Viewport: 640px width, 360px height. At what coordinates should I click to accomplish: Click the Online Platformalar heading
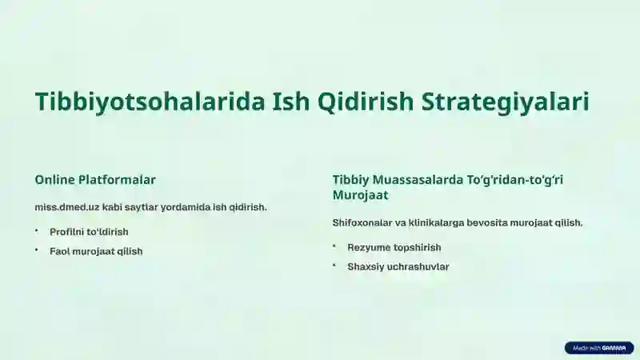coord(95,180)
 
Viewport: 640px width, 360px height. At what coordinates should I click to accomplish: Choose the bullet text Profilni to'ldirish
coord(89,232)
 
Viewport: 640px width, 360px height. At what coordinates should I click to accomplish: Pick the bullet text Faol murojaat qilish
coord(96,251)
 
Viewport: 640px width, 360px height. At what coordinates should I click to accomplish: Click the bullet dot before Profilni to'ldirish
coord(37,231)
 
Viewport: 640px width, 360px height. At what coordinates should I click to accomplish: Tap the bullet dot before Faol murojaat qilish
coord(37,250)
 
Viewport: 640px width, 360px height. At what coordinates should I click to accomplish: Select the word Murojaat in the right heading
coord(361,194)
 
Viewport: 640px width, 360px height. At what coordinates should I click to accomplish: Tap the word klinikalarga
coord(442,222)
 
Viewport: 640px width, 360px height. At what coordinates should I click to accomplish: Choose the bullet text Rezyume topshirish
coord(394,247)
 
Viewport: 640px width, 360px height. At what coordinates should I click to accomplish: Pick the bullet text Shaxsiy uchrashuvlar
coord(398,266)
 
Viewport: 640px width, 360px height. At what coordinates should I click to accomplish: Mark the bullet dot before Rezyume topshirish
coord(334,246)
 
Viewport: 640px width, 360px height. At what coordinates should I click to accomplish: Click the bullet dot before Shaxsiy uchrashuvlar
coord(334,266)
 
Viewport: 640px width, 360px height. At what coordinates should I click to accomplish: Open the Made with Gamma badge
coord(599,348)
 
